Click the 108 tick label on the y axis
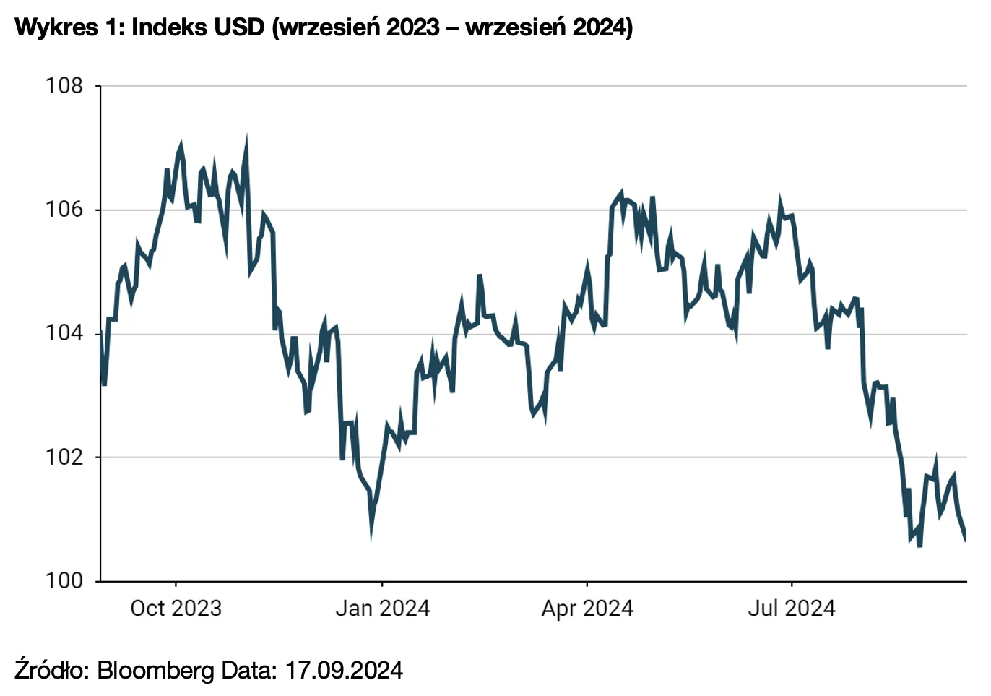pos(64,86)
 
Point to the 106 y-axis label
pos(64,210)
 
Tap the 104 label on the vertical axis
pos(64,334)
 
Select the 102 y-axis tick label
pos(64,457)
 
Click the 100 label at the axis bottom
pos(64,581)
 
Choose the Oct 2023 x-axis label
pos(176,609)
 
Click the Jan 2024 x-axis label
pos(382,609)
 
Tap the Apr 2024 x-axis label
pos(587,609)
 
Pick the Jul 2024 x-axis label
pos(792,609)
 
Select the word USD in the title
pos(241,27)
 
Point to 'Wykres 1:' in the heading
pos(69,27)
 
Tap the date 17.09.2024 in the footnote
pos(344,670)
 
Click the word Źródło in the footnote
pos(51,670)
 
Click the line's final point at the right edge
pos(966,538)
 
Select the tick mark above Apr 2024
pos(587,584)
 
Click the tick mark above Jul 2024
pos(792,584)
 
